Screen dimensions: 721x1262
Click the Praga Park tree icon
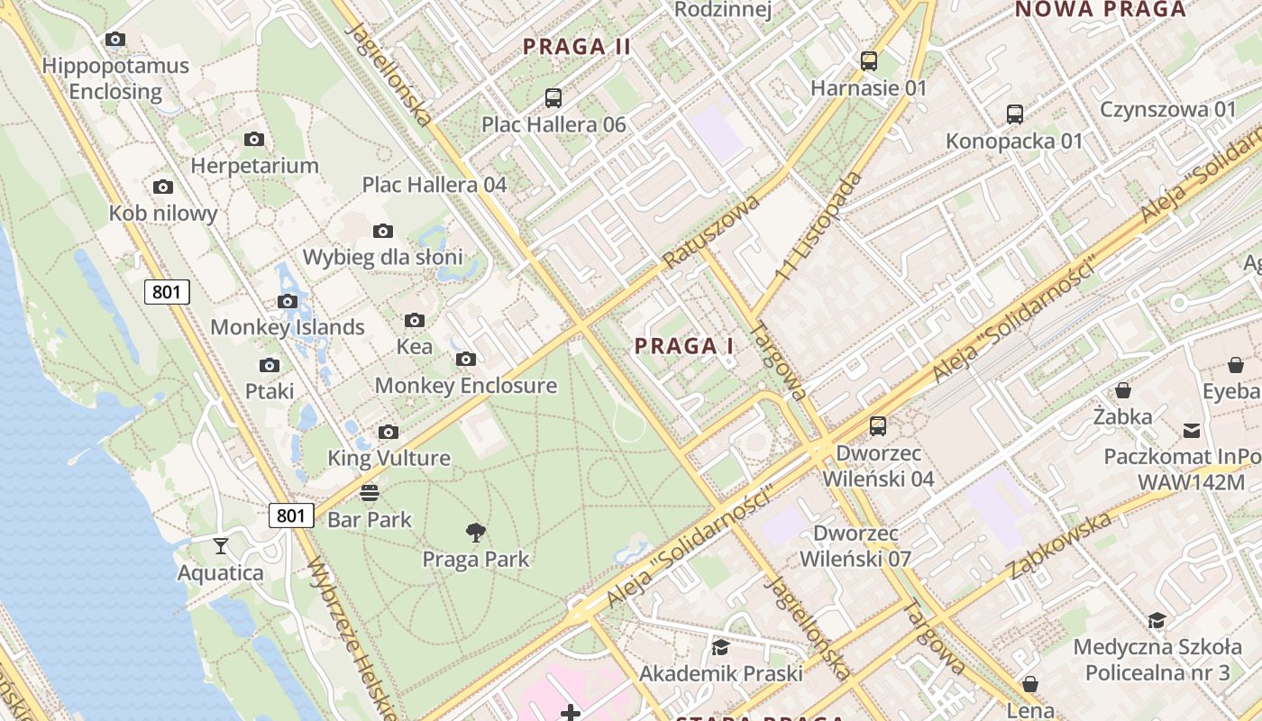tap(476, 533)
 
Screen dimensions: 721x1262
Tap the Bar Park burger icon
tap(370, 493)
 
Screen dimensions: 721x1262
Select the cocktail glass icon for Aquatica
tap(220, 545)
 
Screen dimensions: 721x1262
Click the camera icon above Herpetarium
tap(254, 139)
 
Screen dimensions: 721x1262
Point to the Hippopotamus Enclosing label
tap(115, 78)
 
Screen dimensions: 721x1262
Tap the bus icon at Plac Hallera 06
tap(553, 97)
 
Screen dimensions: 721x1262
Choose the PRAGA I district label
tap(684, 346)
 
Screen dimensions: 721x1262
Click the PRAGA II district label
tap(577, 46)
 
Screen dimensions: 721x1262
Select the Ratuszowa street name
tap(711, 231)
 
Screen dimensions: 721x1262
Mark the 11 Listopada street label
tap(818, 224)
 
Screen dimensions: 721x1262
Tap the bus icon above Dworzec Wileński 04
tap(878, 426)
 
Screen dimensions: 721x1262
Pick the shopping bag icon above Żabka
tap(1123, 390)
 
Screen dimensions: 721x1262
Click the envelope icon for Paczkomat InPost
tap(1192, 430)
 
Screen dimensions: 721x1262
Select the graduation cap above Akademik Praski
tap(720, 647)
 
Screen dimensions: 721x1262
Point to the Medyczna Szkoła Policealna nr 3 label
tap(1157, 660)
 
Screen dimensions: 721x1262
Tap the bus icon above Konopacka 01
tap(1015, 114)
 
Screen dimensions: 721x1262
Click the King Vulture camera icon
tap(389, 432)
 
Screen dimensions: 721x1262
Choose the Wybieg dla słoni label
tap(382, 257)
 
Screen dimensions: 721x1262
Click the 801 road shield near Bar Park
tap(291, 516)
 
